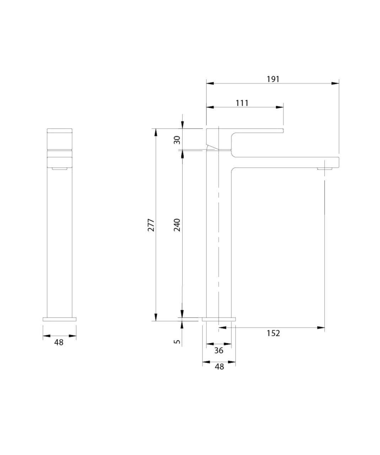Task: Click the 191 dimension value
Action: (273, 79)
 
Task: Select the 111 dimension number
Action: (242, 103)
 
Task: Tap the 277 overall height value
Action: (151, 225)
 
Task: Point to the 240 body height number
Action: (177, 225)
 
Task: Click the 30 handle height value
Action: (177, 140)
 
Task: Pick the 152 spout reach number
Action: (273, 333)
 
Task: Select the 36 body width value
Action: (219, 350)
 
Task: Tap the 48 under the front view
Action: (59, 343)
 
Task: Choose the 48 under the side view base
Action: (219, 367)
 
